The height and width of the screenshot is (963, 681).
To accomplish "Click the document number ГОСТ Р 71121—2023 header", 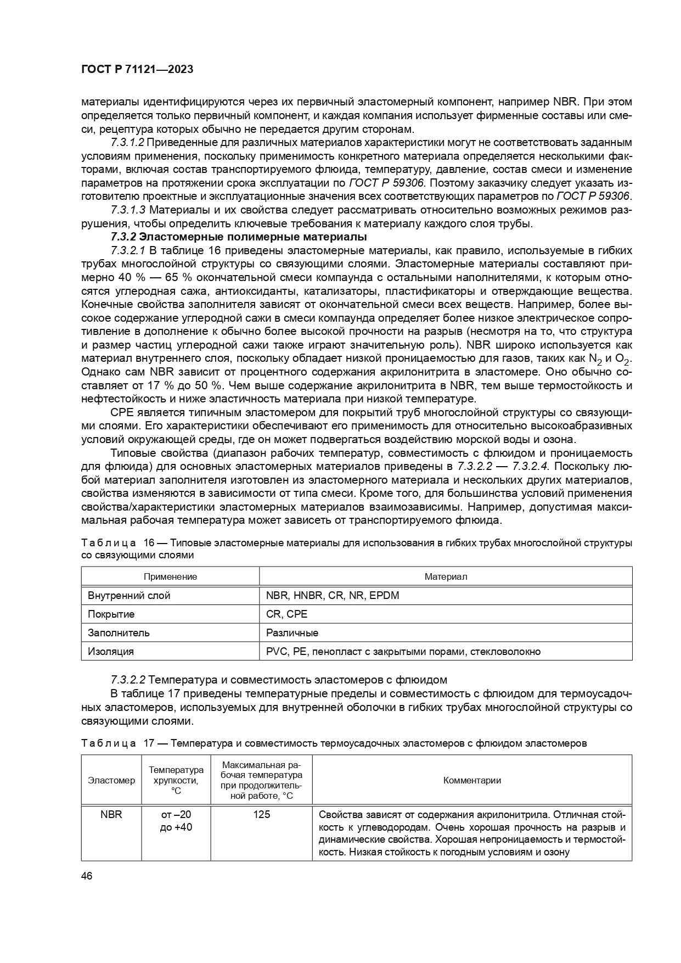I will [137, 70].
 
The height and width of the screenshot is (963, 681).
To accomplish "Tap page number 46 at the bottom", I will [87, 876].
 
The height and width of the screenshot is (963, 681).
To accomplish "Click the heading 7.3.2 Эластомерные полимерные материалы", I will [239, 237].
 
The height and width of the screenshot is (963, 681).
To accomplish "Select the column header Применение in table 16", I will [170, 576].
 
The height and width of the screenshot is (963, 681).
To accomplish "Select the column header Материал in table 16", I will [446, 576].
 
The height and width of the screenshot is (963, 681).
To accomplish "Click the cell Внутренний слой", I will [129, 595].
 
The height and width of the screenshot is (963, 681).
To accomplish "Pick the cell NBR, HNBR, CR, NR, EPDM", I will [333, 595].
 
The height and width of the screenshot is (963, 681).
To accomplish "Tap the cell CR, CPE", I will [286, 614].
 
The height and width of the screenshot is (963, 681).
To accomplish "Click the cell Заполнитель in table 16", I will [119, 632].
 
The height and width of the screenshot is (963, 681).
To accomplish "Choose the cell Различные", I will [292, 632].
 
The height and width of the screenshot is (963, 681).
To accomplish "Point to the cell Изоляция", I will [111, 651].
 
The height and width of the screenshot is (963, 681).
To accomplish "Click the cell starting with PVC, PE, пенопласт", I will [403, 651].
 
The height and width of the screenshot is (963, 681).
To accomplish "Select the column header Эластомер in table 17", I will [111, 780].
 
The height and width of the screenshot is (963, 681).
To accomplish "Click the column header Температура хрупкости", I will [176, 780].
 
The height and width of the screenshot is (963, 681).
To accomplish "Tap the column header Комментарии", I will [472, 780].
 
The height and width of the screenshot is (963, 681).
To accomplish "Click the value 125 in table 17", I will [261, 814].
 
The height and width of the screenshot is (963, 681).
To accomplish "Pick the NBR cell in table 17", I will [111, 814].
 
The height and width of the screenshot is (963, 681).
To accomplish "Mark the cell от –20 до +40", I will [176, 820].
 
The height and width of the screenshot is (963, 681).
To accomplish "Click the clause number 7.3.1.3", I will [127, 210].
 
